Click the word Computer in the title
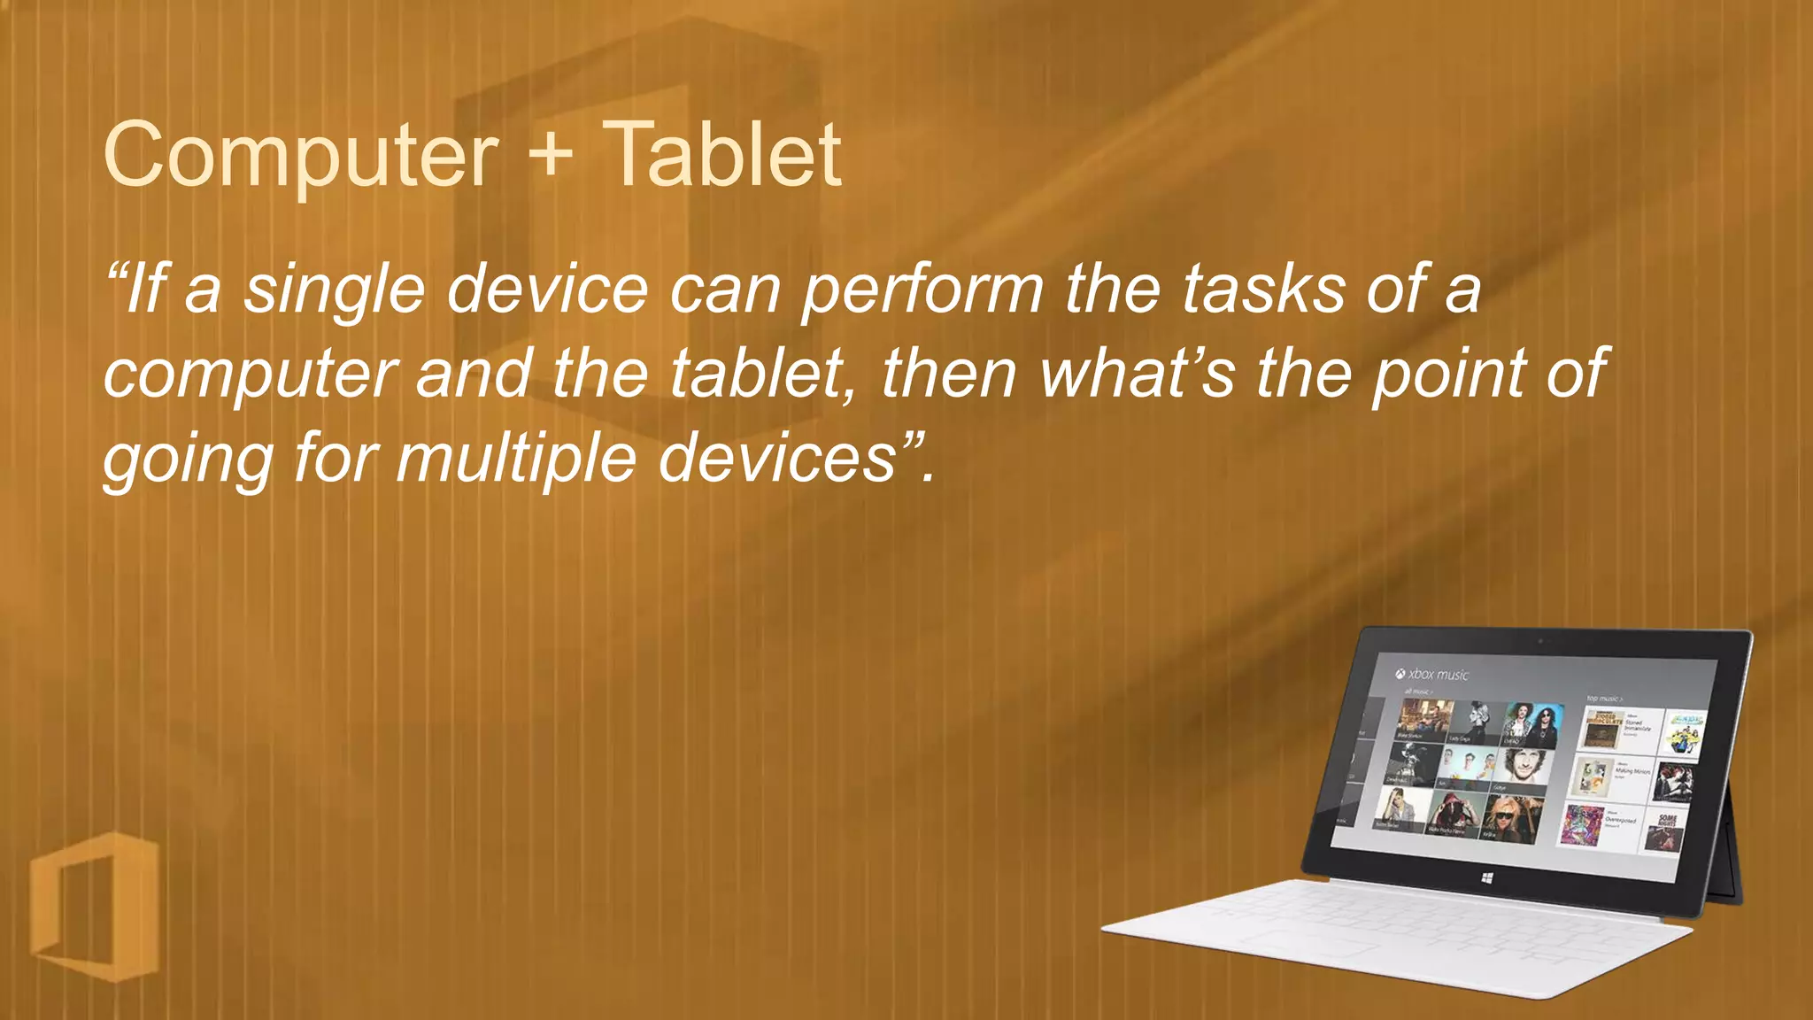(301, 156)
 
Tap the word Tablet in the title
(721, 156)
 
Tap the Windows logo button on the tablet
(1486, 877)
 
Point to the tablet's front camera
(1540, 640)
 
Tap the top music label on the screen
(1603, 699)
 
